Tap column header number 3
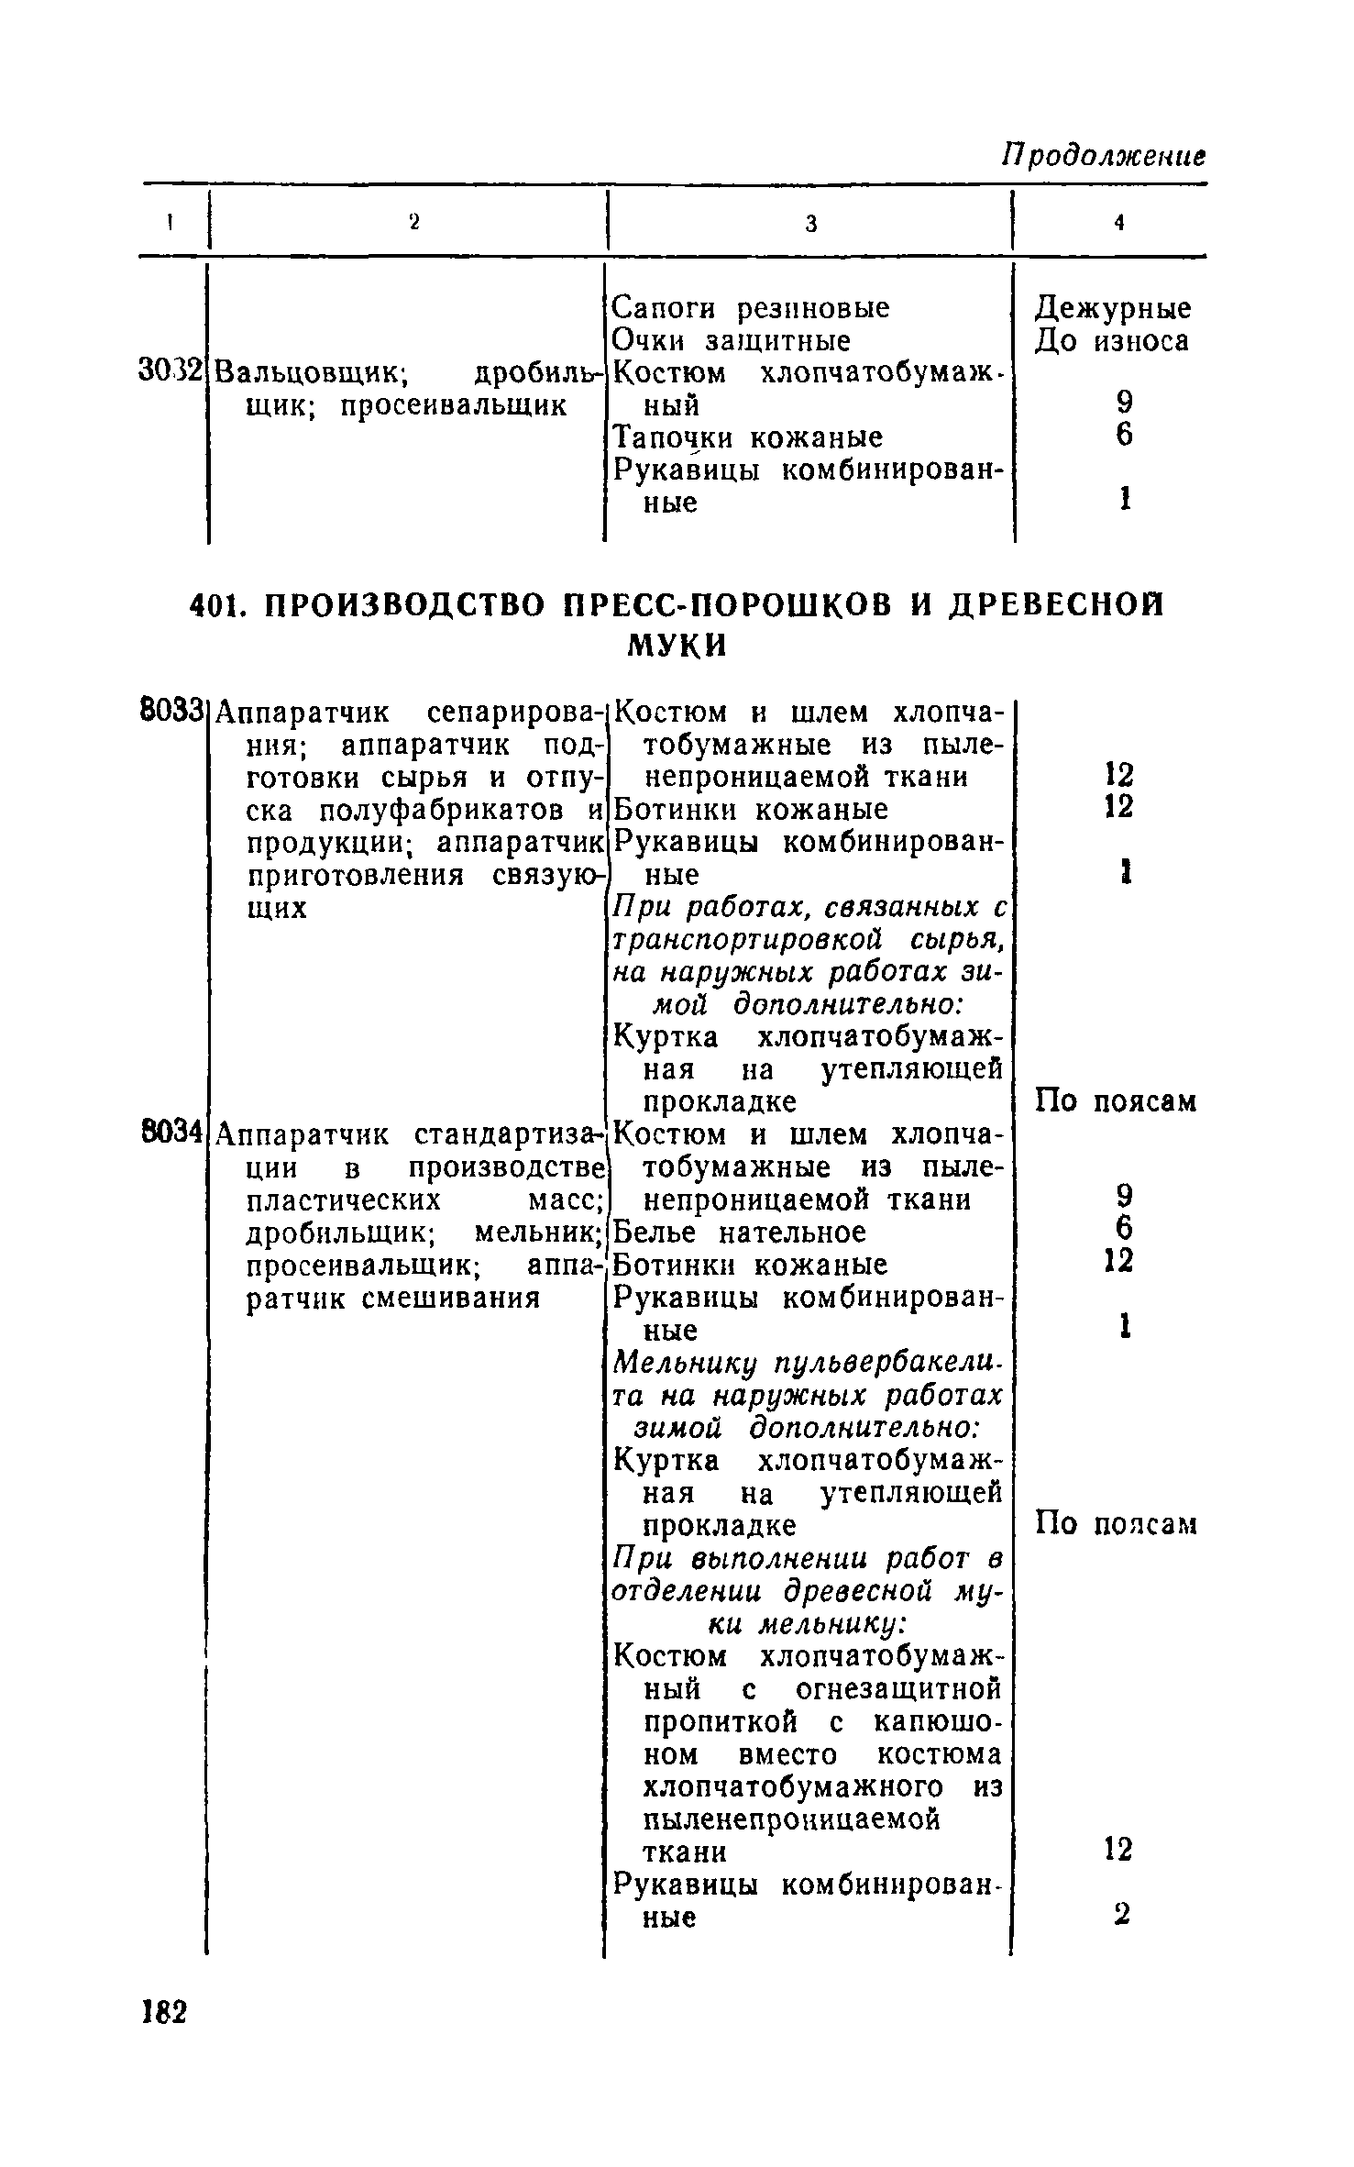(x=810, y=224)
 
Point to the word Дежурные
(x=1113, y=307)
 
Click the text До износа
(x=1112, y=341)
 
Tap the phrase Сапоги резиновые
(x=750, y=307)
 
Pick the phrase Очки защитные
(x=731, y=341)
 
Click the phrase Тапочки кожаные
(x=747, y=437)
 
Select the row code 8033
(x=171, y=711)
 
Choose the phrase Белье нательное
(x=739, y=1232)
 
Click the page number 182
(x=165, y=2012)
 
